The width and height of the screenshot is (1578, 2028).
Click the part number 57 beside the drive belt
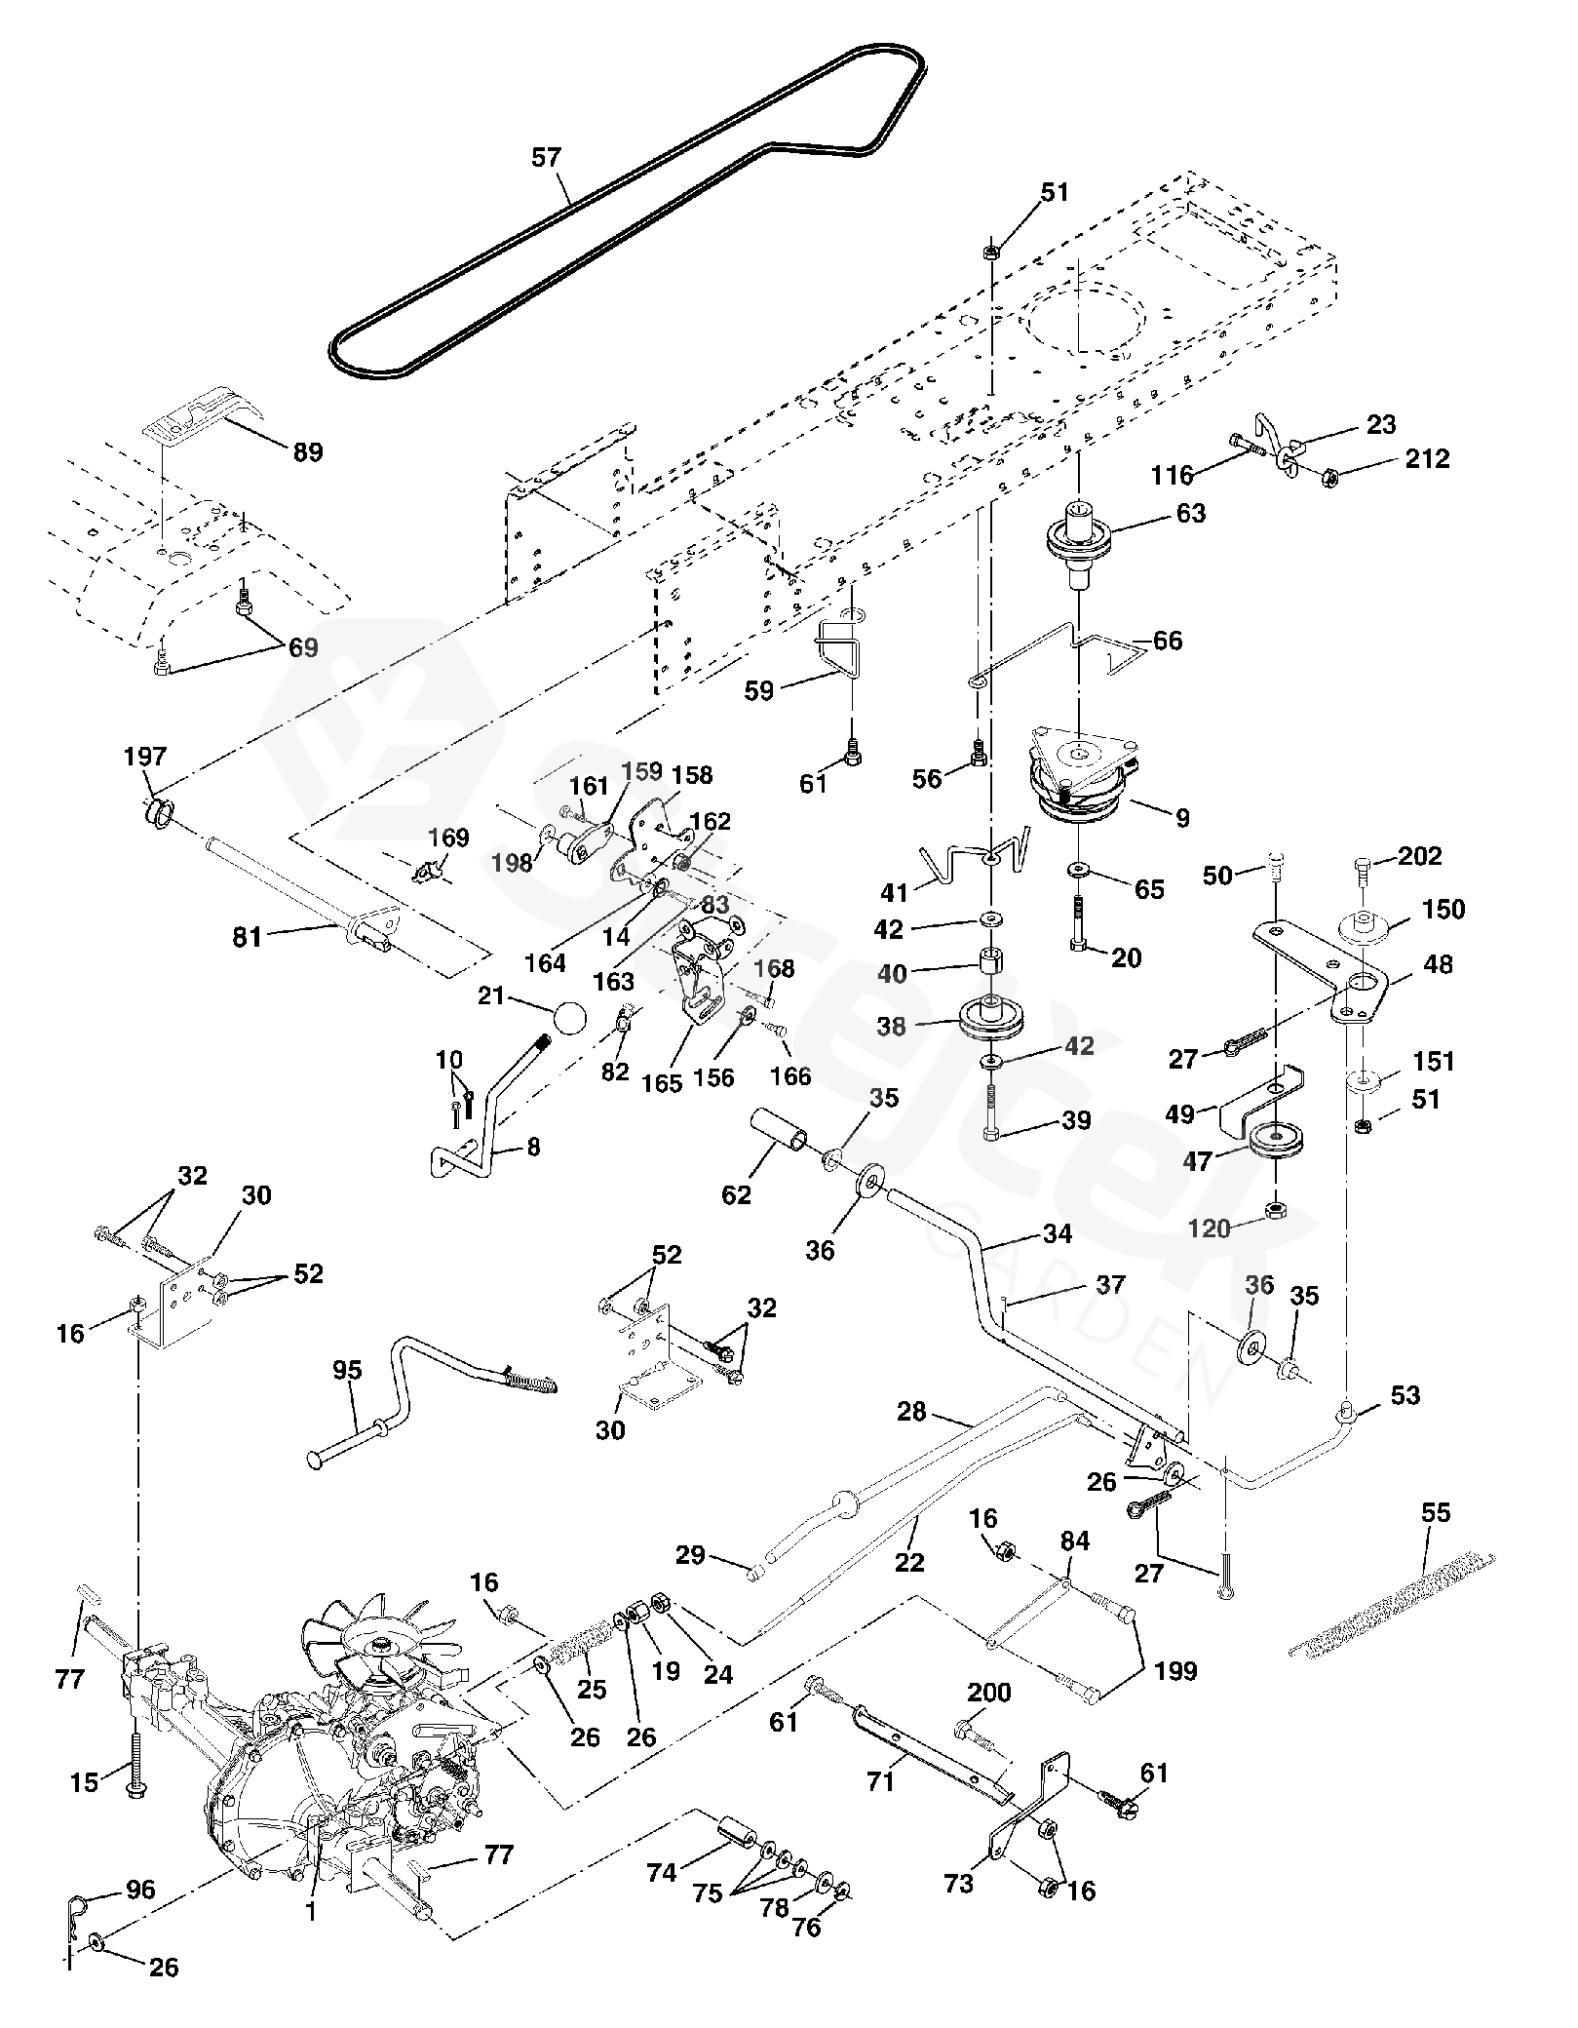tap(547, 158)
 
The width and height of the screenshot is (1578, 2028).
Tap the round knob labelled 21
tap(569, 1019)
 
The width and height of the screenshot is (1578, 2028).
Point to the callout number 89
tap(308, 452)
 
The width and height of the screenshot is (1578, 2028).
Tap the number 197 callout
tap(145, 758)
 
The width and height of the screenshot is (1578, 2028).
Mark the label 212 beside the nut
tap(1427, 458)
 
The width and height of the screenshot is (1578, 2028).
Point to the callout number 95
tap(347, 1370)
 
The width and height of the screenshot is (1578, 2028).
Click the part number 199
tap(1174, 1671)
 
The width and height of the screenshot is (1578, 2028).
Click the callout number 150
tap(1443, 910)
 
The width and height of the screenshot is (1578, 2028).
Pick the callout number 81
tap(248, 937)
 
